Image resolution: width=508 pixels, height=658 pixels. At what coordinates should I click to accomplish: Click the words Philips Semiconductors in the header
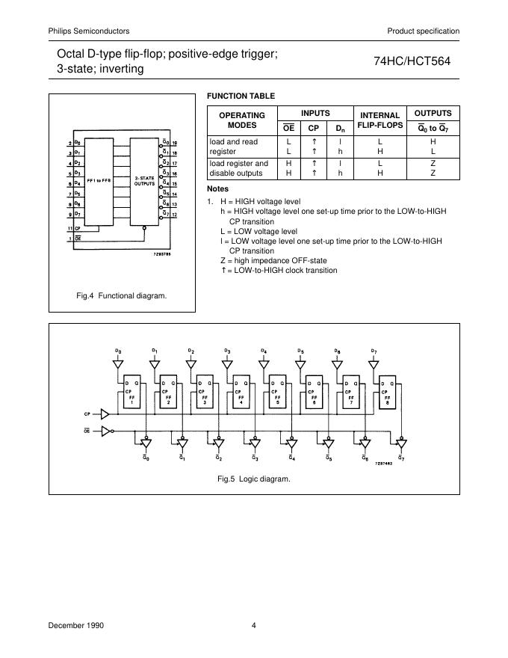coord(89,31)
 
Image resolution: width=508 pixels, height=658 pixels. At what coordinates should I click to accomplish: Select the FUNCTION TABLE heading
coord(241,96)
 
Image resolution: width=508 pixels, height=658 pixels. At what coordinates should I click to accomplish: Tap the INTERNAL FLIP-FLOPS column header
coord(380,120)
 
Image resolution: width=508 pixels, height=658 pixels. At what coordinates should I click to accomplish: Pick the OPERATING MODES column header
coord(241,120)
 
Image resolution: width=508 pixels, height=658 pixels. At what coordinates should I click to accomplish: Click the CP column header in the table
coord(314,128)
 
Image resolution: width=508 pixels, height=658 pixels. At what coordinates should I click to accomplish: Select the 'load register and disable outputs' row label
coord(239,168)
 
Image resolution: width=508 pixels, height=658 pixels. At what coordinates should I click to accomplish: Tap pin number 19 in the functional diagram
coord(174,142)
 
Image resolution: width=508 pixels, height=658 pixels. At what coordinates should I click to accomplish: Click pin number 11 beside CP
coord(69,227)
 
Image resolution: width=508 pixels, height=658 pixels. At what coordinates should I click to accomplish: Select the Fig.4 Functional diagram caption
coord(122,295)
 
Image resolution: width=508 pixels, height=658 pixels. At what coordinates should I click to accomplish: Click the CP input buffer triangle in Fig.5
coord(105,413)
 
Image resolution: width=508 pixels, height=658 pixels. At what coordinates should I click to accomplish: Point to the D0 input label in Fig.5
coord(117,350)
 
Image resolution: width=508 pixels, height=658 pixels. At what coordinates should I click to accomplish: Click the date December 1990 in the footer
coord(73,625)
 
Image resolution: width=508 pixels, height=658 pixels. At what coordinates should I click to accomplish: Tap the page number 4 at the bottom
coord(253,625)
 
